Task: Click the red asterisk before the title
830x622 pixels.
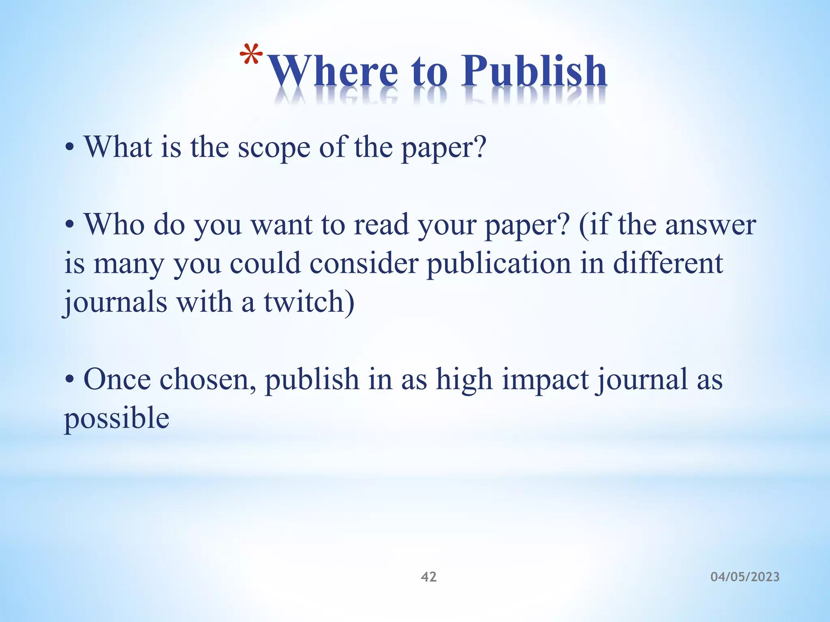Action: point(251,55)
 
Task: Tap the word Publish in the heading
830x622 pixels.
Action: point(534,71)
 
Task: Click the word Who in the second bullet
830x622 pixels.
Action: point(114,224)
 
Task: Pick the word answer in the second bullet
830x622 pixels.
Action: point(710,225)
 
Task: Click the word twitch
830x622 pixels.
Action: point(304,302)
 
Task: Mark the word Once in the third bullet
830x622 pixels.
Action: point(117,380)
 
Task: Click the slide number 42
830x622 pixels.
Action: point(429,577)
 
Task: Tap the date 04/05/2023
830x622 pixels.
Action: point(745,577)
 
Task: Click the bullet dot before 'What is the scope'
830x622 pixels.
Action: point(70,148)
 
